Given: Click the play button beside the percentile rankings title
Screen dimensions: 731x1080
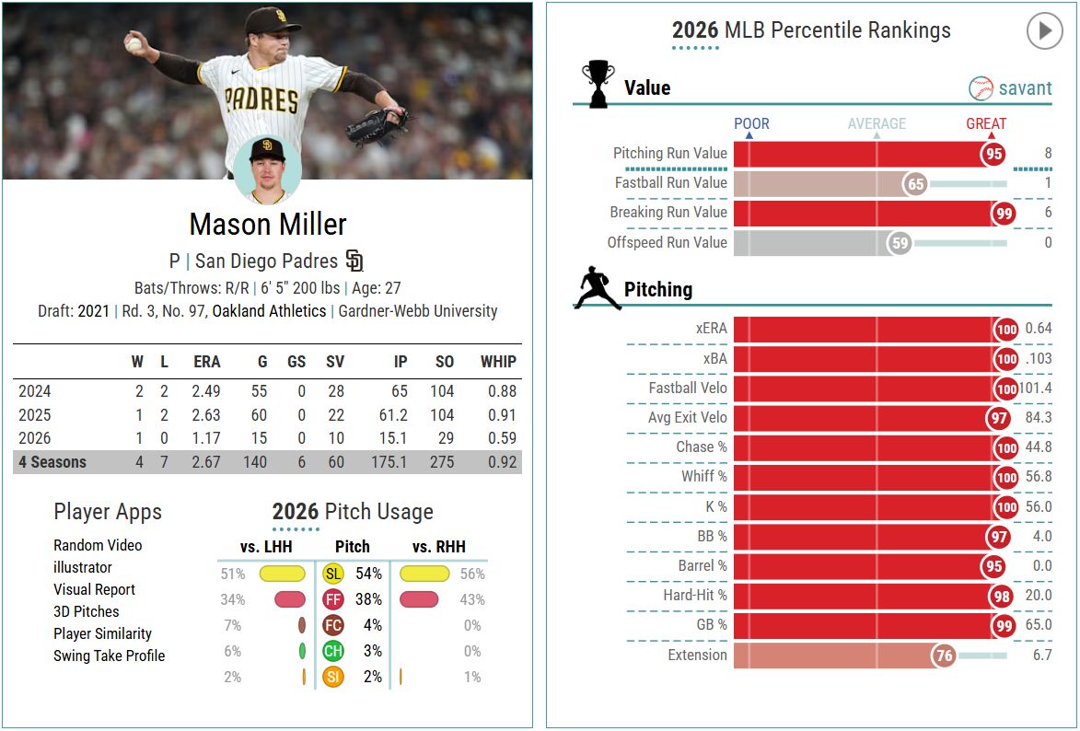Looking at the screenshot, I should tap(1044, 31).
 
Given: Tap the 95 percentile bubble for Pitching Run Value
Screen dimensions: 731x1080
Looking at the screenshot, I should tap(993, 154).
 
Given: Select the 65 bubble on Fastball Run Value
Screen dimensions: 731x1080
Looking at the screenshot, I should tap(915, 183).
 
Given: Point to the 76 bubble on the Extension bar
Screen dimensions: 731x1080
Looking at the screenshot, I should tap(944, 656).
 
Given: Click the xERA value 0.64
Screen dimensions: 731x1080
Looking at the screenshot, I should tap(1038, 329).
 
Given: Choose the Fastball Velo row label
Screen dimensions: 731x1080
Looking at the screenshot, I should tap(688, 388).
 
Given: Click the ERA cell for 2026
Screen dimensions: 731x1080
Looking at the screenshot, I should tap(206, 438).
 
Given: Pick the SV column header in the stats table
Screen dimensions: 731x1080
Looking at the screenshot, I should tap(335, 362).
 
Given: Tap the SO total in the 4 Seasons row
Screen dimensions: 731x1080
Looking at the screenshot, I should tap(442, 462).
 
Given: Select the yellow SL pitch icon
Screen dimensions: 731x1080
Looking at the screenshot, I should tap(333, 574).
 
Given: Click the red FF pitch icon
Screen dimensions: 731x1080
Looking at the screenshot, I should tap(333, 599).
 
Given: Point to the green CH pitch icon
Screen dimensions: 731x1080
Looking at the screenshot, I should tap(333, 651).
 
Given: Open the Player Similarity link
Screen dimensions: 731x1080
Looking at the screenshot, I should tap(102, 633).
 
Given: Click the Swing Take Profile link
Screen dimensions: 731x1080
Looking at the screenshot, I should tap(109, 656).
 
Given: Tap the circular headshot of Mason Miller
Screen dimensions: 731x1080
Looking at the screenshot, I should tap(267, 170).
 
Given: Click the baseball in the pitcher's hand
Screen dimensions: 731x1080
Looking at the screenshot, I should tap(134, 42).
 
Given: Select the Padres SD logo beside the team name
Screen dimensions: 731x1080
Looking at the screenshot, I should tap(355, 261).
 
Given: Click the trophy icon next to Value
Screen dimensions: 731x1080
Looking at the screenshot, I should tap(598, 84).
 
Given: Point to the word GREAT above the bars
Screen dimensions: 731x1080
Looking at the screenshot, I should tap(986, 123).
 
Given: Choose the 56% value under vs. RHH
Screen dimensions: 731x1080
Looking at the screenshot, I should tap(471, 574).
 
